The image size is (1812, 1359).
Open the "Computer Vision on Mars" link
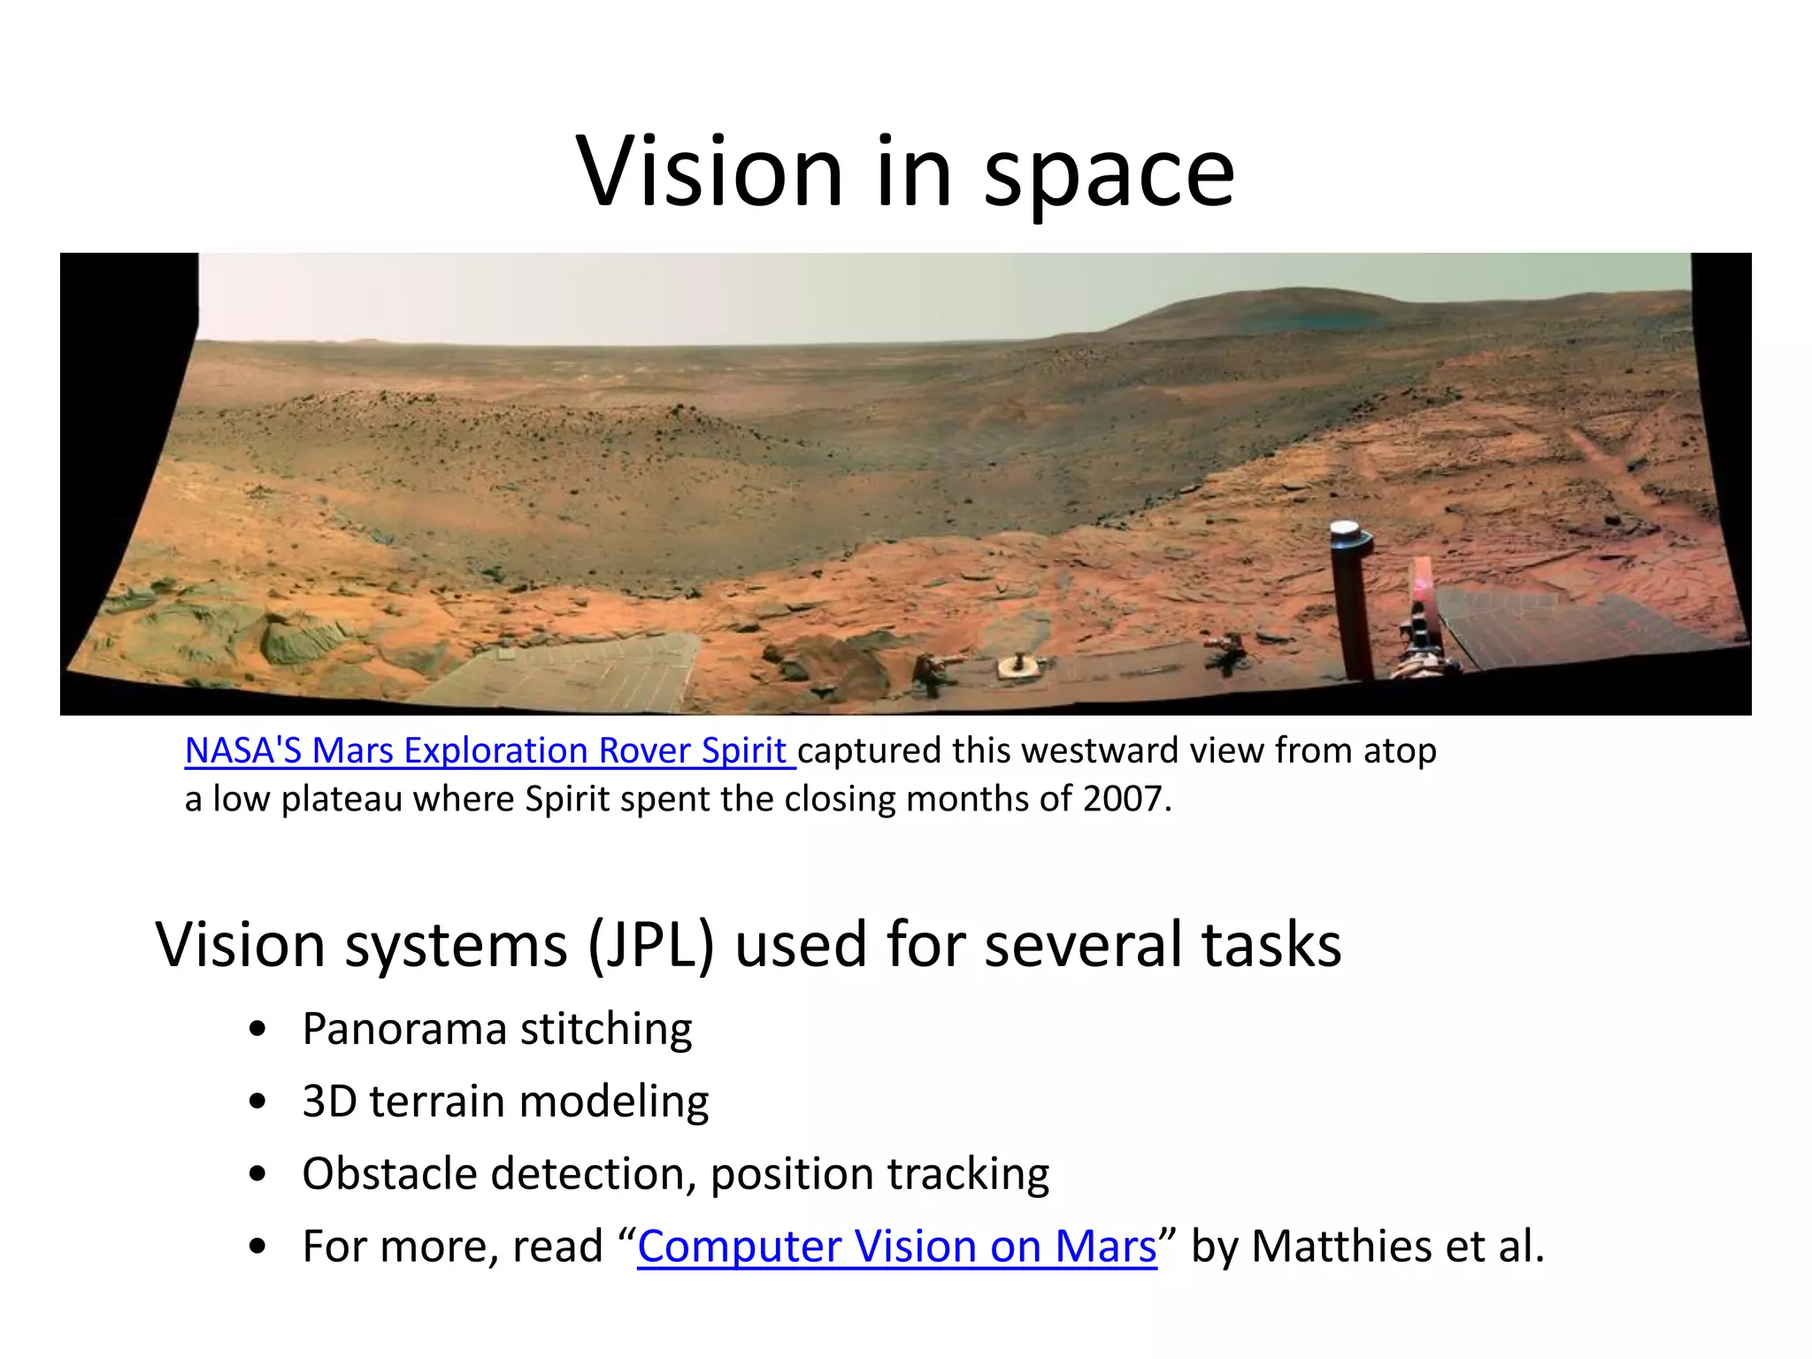pos(896,1246)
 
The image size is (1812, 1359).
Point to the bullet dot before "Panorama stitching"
pos(257,1030)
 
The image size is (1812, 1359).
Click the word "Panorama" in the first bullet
pos(405,1029)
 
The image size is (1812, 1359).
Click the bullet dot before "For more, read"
pos(257,1247)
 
